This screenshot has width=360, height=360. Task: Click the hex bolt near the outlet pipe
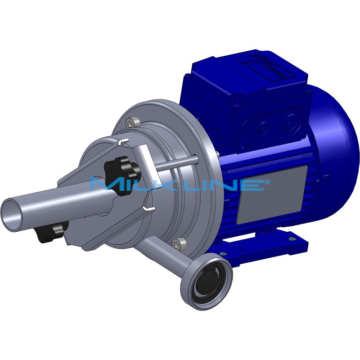coord(180,243)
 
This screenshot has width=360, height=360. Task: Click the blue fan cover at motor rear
coord(335,148)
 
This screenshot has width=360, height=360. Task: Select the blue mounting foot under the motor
coord(279,243)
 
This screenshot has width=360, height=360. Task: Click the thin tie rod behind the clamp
coord(175,162)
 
